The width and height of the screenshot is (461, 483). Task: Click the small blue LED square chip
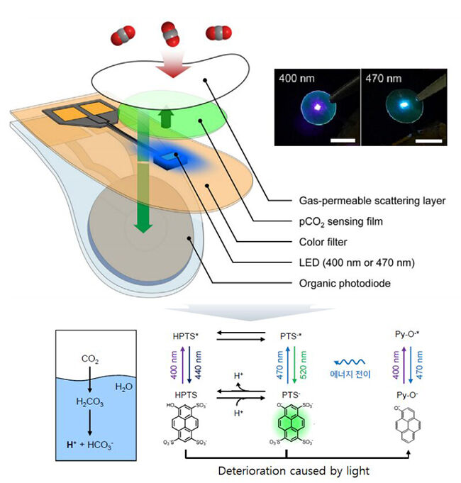click(x=168, y=160)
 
